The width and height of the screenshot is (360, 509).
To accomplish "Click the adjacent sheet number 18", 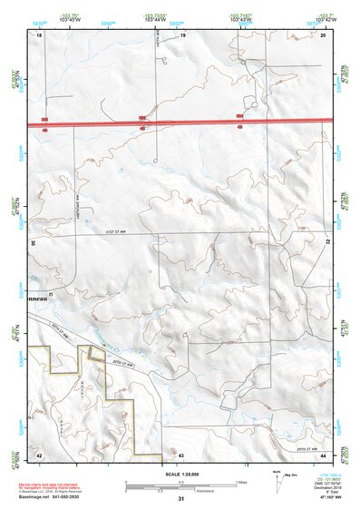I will pos(39,34).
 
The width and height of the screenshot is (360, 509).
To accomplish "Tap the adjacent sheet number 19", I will pos(182,34).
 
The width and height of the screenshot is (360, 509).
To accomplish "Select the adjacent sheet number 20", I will pos(323,34).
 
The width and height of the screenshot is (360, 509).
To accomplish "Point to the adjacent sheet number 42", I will pos(39,453).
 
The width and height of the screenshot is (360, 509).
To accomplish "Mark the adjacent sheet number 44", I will pos(323,453).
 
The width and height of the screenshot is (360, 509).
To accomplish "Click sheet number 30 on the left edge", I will pos(34,243).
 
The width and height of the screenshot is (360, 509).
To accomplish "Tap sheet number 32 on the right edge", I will pos(327,243).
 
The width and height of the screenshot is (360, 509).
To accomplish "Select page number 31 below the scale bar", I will pos(181,499).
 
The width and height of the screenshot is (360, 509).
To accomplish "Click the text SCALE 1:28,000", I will pos(181,474).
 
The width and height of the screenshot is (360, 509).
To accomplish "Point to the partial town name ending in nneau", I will pos(42,295).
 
